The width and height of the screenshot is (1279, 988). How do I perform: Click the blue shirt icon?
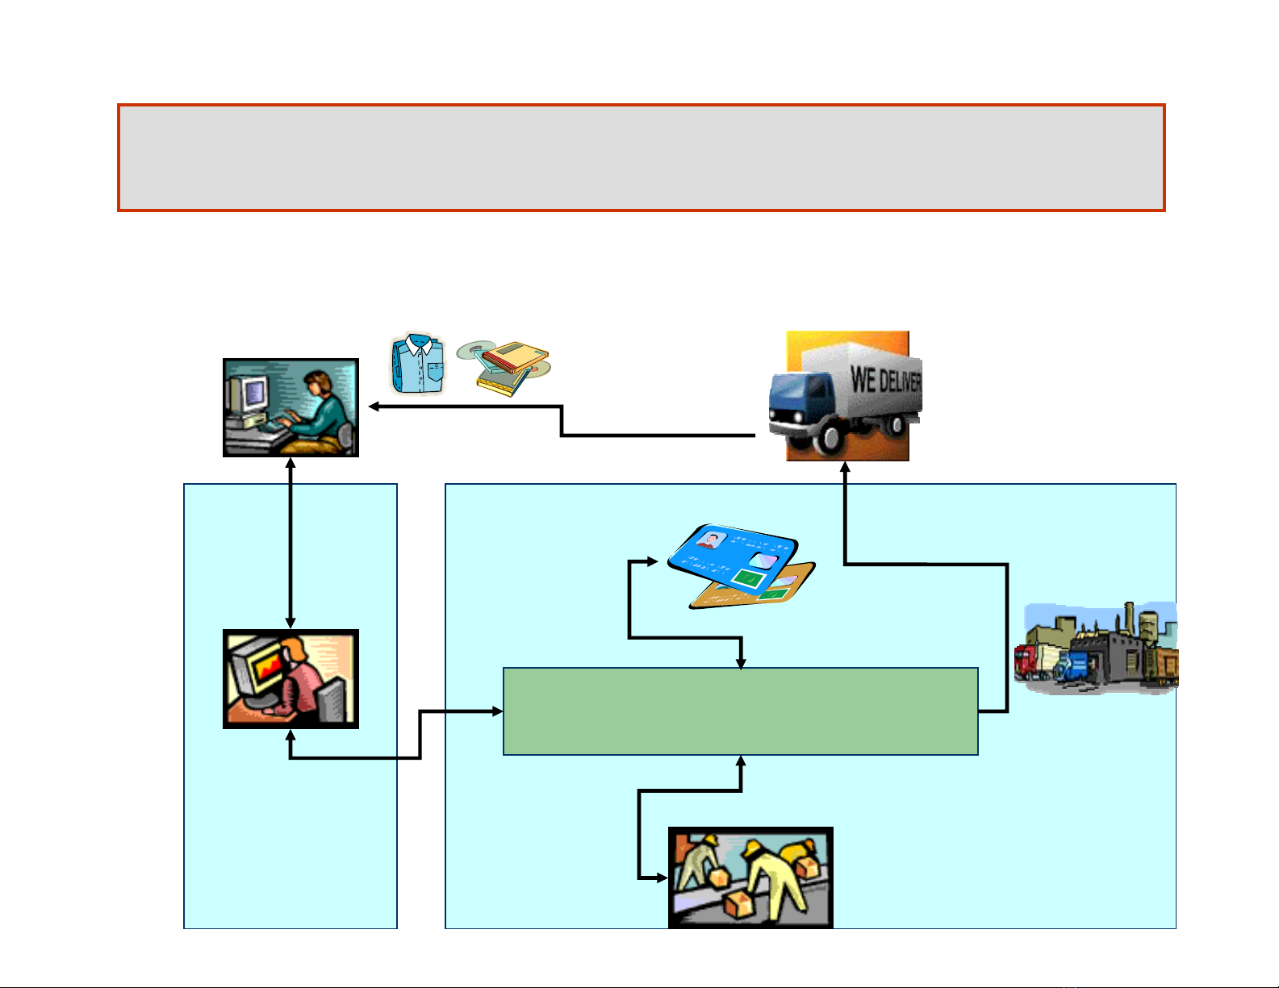(418, 365)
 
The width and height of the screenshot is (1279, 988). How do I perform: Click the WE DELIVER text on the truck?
(884, 379)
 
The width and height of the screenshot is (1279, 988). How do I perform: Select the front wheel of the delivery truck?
(831, 438)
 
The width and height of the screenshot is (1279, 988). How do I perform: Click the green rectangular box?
(740, 711)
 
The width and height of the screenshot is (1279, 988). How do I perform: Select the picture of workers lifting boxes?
(750, 878)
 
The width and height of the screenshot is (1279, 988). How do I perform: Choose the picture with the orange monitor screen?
(290, 679)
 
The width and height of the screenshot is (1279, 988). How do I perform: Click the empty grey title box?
(641, 157)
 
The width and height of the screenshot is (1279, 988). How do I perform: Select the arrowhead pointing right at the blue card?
(653, 561)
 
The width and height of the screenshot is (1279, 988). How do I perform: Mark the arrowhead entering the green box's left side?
(497, 711)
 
